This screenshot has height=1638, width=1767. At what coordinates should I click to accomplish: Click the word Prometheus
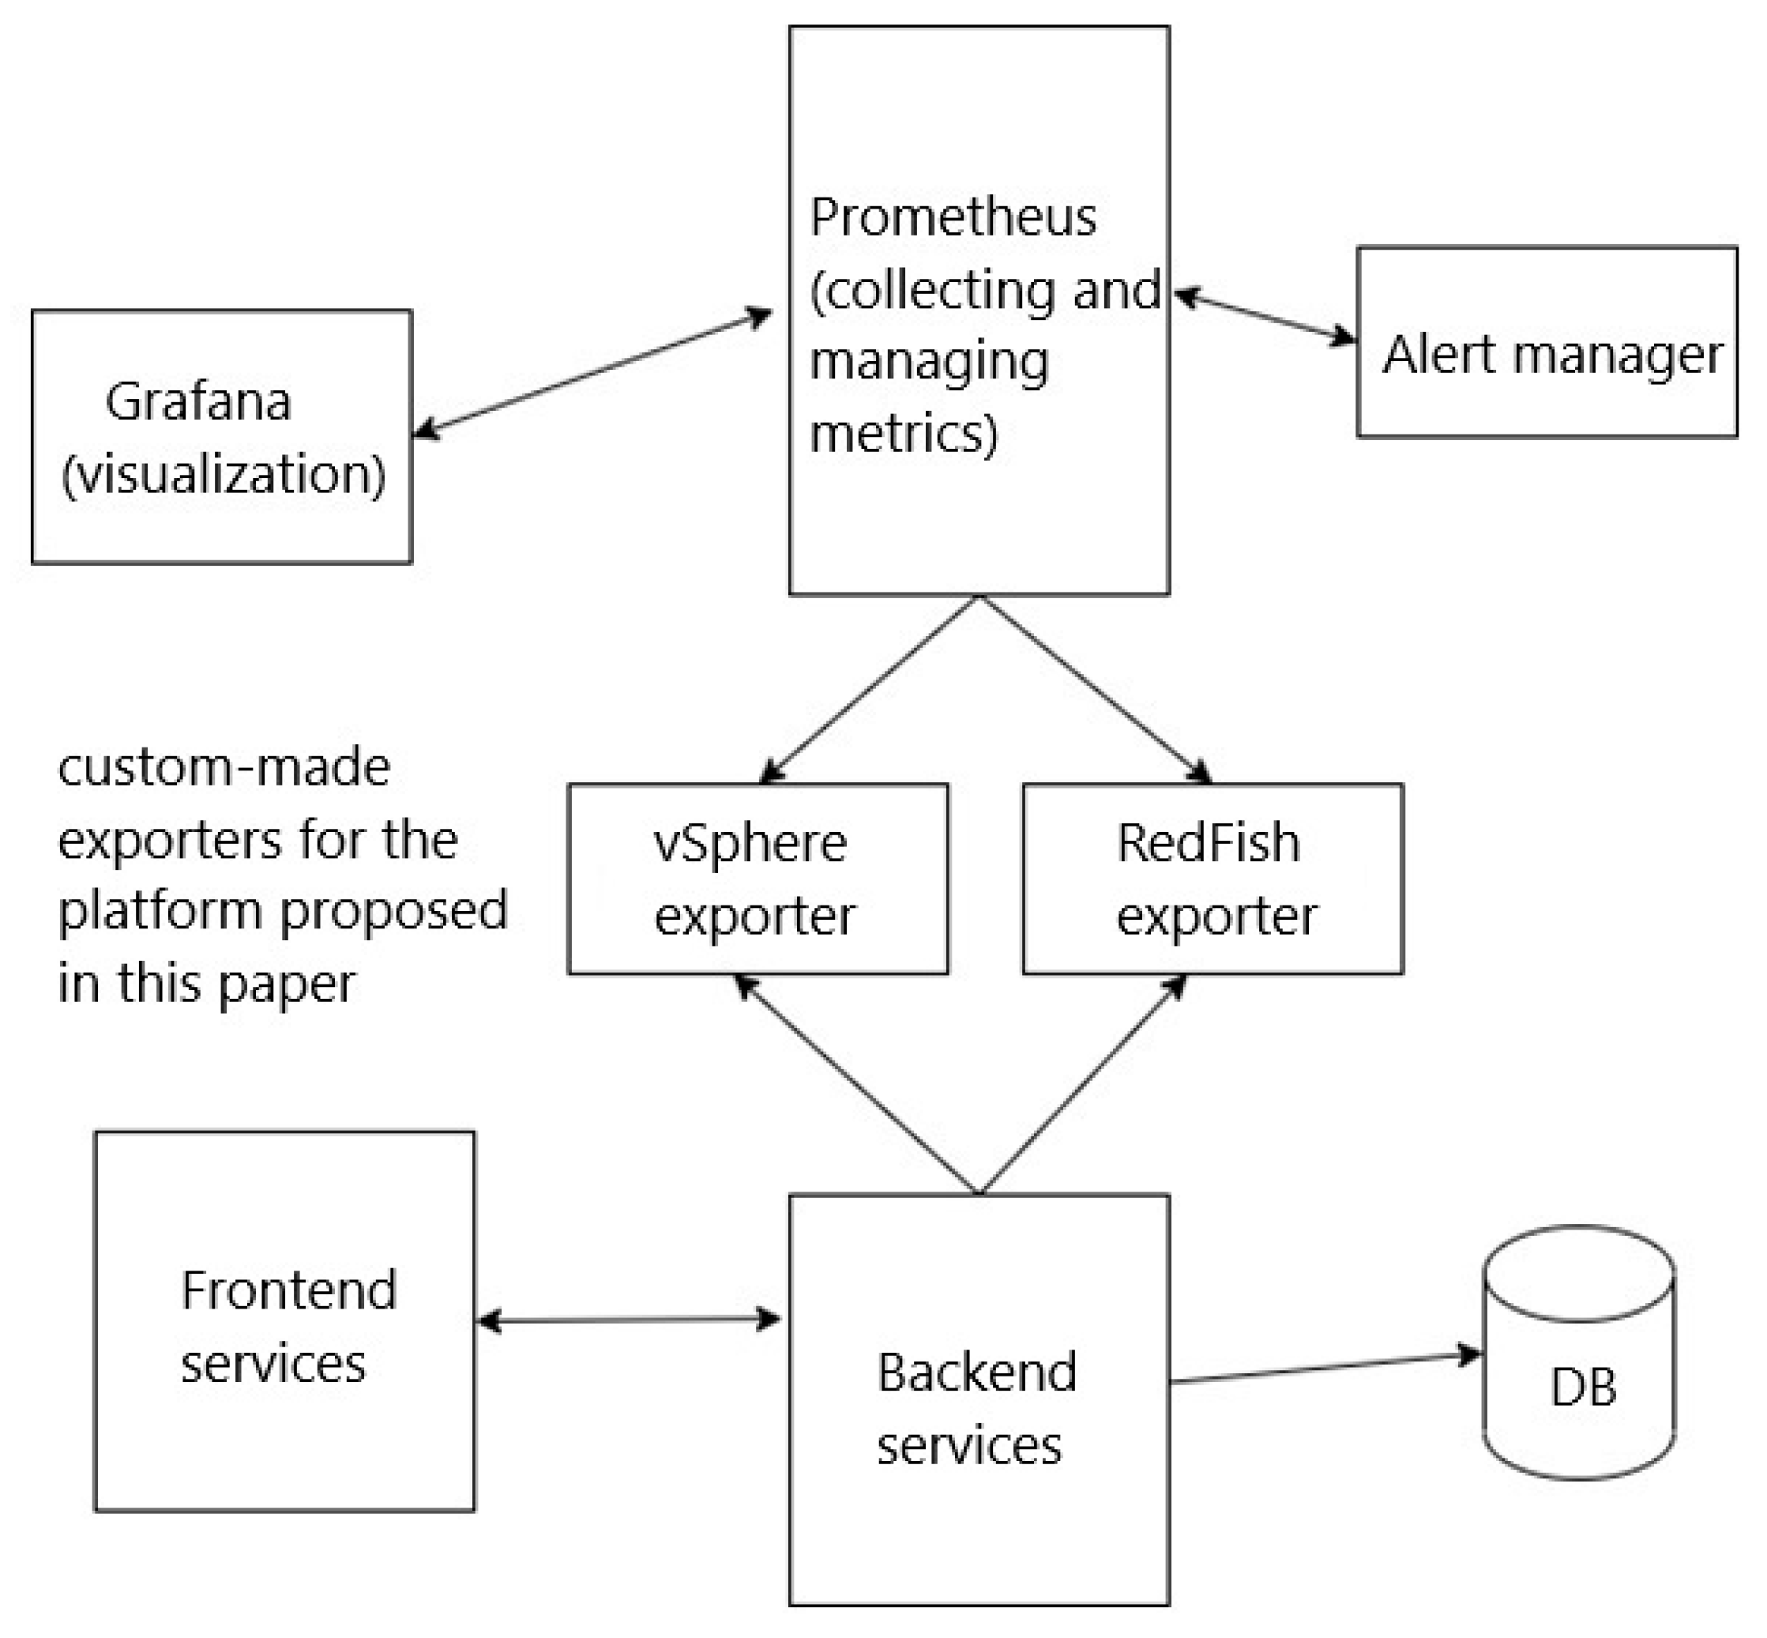coord(953,217)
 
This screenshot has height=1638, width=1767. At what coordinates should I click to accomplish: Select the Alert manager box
coord(1547,342)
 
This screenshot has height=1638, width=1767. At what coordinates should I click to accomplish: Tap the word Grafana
coord(198,401)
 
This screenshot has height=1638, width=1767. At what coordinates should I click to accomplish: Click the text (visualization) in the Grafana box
coord(224,474)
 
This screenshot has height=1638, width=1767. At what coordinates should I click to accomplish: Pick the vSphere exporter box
coord(758,879)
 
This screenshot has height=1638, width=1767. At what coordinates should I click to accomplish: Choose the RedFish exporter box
coord(1212,879)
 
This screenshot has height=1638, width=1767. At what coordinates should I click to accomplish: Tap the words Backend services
coord(975,1410)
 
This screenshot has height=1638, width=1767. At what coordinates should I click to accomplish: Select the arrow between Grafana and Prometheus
coord(592,373)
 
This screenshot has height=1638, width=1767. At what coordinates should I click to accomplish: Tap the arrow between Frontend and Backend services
coord(628,1320)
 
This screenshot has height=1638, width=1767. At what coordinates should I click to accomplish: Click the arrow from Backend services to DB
coord(1325,1367)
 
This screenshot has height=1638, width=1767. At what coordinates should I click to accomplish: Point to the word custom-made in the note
coord(224,766)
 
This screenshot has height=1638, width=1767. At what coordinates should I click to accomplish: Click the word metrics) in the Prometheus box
coord(903,434)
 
